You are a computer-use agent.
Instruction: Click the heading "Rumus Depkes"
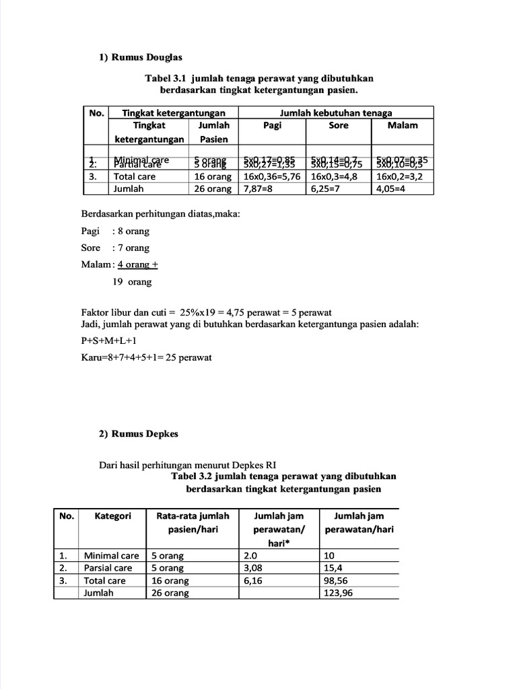coord(144,434)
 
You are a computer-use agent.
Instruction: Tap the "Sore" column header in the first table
coord(339,125)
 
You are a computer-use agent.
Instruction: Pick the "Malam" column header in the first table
coord(403,125)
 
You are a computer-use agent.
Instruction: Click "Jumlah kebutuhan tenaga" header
coord(336,113)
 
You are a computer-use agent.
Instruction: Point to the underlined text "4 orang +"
coord(137,264)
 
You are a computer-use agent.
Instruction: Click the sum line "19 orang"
coord(132,282)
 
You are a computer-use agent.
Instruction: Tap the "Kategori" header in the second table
coord(112,516)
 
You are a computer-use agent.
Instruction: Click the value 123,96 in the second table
coord(338,593)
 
